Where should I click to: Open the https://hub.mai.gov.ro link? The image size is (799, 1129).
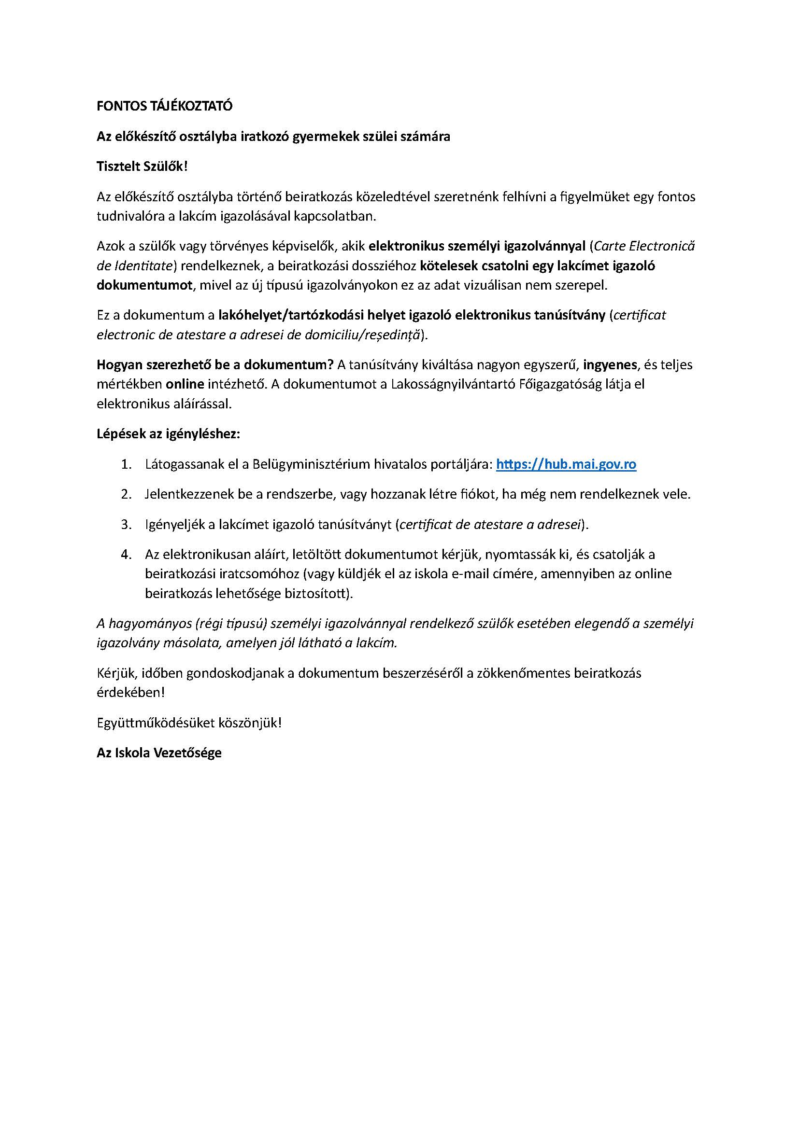(566, 464)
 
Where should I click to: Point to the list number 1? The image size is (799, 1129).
(126, 465)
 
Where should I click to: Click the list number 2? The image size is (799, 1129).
(126, 494)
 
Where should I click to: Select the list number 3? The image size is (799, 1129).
(126, 525)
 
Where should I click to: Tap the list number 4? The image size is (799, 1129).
(126, 555)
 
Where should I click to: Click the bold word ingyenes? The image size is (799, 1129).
(610, 365)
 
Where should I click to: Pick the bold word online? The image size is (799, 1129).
(185, 384)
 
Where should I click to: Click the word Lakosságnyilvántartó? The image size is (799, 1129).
(453, 384)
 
